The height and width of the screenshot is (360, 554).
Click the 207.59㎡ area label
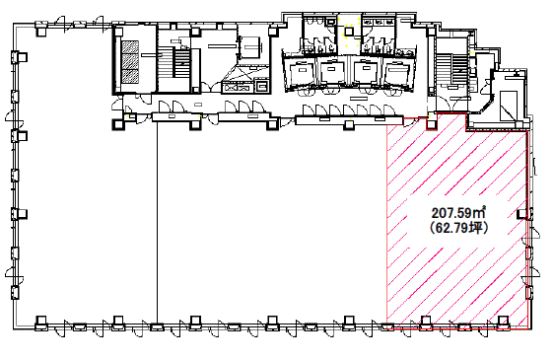pos(458,212)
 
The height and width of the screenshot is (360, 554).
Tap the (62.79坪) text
pos(458,228)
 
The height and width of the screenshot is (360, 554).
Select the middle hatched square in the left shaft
pos(130,62)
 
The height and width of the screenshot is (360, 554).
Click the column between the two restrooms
pos(349,32)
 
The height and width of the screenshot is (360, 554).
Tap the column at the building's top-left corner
pos(41,32)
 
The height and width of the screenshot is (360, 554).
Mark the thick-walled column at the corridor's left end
pos(118,124)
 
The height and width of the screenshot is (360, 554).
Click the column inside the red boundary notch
pos(432,124)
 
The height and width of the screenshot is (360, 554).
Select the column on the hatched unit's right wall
pos(522,214)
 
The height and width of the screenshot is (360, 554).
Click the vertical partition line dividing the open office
pos(157,222)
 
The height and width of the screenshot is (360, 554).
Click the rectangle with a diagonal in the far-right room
pos(509,106)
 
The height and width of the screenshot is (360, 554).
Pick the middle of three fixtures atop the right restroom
pos(379,22)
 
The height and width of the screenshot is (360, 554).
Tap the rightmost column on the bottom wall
pos(504,322)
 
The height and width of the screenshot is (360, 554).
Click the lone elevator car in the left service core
pos(250,47)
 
